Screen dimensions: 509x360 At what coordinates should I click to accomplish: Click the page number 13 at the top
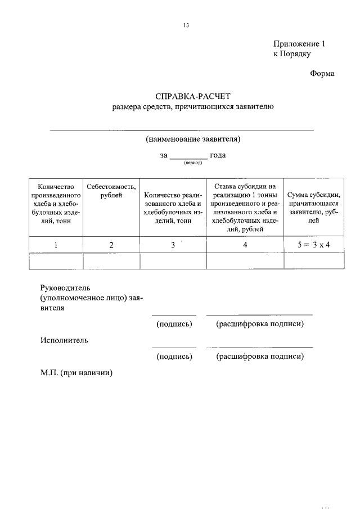click(186, 25)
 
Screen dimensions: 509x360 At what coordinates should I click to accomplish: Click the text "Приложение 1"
click(299, 44)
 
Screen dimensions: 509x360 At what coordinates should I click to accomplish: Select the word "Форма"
click(322, 74)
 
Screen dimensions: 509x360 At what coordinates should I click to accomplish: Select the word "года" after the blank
click(218, 155)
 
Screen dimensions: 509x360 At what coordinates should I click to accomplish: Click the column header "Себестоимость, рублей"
click(111, 191)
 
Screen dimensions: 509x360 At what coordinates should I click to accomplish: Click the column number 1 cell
click(56, 245)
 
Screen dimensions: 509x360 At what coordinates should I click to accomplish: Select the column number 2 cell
click(111, 245)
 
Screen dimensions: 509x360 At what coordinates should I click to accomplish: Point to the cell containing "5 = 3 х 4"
click(313, 245)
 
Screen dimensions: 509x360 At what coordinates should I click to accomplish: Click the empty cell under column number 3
click(173, 262)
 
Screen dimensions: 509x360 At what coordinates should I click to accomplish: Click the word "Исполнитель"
click(64, 340)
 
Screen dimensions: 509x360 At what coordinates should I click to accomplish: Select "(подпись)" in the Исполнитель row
click(174, 356)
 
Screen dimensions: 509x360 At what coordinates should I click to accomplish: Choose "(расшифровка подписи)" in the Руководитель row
click(260, 324)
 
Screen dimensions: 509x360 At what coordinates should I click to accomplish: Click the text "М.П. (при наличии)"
click(76, 372)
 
